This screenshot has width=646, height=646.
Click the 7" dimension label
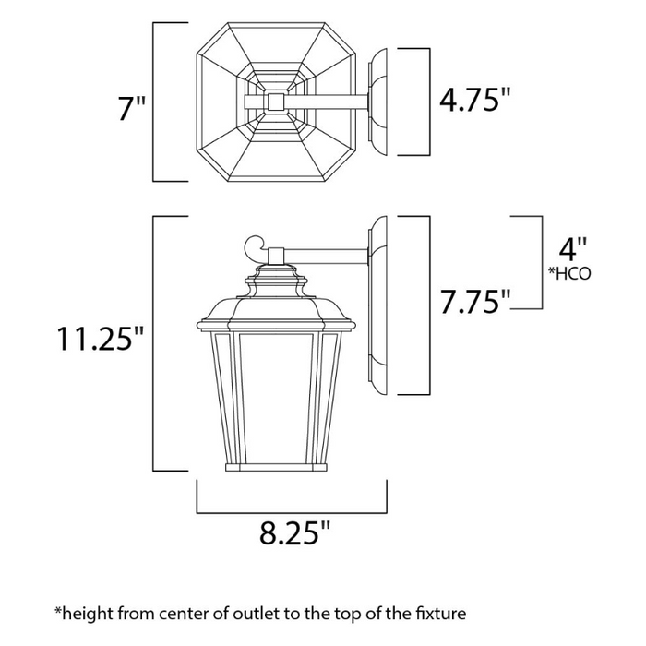(131, 110)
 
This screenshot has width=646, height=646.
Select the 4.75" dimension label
(474, 100)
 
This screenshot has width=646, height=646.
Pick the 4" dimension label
(573, 248)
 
